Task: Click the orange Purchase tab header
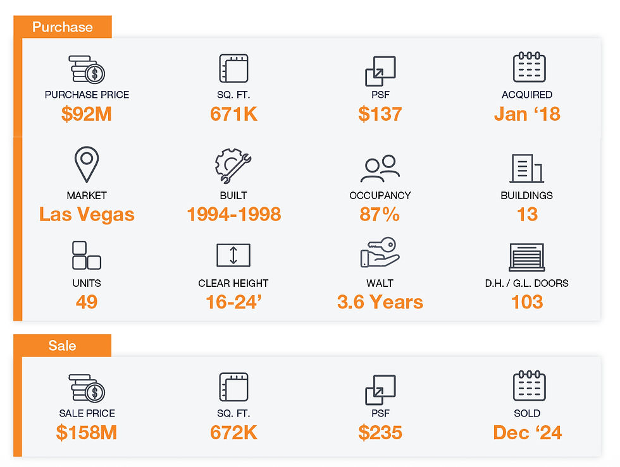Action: click(63, 27)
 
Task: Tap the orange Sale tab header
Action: click(62, 346)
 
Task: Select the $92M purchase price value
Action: click(87, 114)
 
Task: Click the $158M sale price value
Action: click(87, 432)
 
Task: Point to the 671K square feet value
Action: click(233, 114)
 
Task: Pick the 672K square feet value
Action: click(233, 432)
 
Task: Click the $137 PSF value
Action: click(380, 114)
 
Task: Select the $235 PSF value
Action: click(380, 432)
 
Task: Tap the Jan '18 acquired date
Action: click(527, 114)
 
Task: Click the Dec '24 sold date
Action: click(527, 432)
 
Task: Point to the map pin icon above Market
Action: click(87, 165)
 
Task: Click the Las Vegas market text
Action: click(87, 214)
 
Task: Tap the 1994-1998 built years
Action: click(233, 214)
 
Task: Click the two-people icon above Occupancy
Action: click(380, 168)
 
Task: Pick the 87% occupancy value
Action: click(380, 214)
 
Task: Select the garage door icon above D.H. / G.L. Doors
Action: click(527, 257)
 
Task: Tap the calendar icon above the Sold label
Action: click(529, 386)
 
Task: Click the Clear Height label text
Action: click(233, 283)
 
